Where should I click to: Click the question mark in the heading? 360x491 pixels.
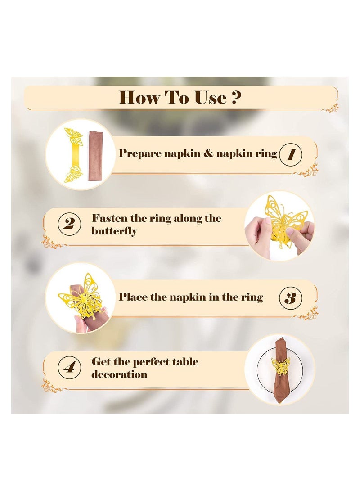236,97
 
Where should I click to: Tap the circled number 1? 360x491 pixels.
290,154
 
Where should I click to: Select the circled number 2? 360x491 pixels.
69,224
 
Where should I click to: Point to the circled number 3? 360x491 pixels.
291,297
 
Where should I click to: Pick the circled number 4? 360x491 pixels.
69,367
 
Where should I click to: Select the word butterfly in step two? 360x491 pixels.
114,231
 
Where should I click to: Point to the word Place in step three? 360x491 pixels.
132,297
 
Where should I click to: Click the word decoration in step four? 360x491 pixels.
119,374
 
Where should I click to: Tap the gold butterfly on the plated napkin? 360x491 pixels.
280,366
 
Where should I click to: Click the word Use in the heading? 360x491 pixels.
210,97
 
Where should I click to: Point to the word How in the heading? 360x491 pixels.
139,97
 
